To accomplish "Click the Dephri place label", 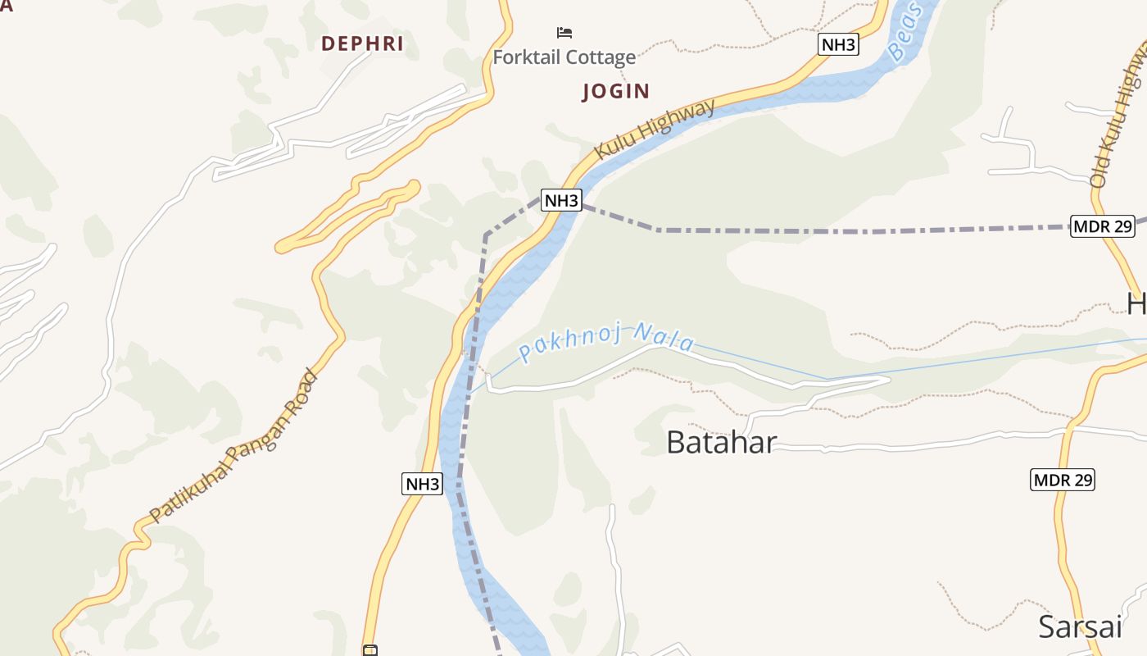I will [362, 43].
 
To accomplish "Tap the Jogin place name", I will [615, 91].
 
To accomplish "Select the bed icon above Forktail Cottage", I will [564, 33].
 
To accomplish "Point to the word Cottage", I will [601, 57].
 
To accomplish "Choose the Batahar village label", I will [721, 443].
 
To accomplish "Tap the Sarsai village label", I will [1080, 626].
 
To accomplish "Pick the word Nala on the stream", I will [664, 337].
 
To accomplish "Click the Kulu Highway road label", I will [655, 128].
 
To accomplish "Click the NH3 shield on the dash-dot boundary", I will [561, 200].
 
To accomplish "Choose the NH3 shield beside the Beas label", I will [838, 44].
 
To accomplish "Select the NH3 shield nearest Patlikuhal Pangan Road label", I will [423, 484].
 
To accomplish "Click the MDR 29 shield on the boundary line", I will [1102, 226].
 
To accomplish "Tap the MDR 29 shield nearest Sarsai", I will [1063, 480].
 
